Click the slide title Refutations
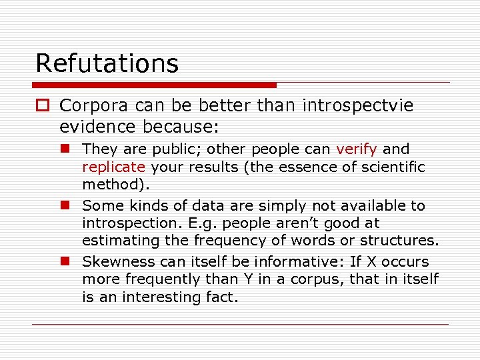[107, 63]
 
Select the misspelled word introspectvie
[358, 105]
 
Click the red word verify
[356, 149]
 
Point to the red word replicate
[113, 167]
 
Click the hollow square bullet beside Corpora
[43, 106]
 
